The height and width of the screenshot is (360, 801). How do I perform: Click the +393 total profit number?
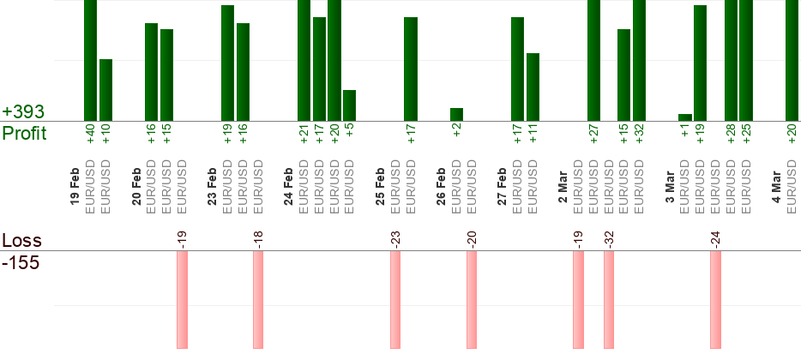(x=23, y=112)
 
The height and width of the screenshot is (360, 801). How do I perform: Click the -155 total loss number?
(x=21, y=263)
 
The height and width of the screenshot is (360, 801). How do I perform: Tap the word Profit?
(x=24, y=134)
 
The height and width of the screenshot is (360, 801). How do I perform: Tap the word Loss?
(x=21, y=240)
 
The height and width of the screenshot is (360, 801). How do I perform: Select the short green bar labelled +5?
(x=349, y=105)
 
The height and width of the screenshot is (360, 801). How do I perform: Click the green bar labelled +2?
(x=456, y=115)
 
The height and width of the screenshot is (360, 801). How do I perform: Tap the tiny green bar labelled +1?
(x=684, y=117)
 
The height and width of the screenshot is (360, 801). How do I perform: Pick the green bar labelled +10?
(x=105, y=90)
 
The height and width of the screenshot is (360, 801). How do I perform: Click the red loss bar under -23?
(x=395, y=300)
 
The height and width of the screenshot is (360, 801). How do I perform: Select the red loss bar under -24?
(x=715, y=300)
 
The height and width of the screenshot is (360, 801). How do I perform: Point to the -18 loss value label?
(x=258, y=238)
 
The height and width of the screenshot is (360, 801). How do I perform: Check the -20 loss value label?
(x=472, y=238)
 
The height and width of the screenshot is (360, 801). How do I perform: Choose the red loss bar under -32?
(x=609, y=300)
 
